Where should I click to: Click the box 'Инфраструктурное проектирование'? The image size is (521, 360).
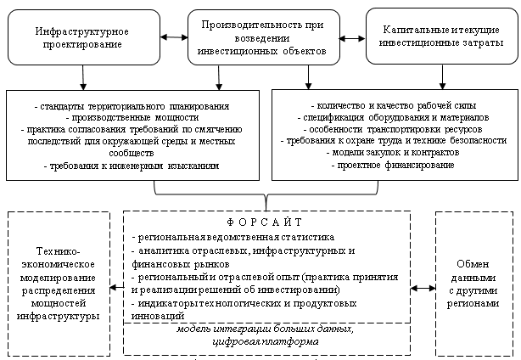82,37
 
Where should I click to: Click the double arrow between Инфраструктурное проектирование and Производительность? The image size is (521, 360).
175,37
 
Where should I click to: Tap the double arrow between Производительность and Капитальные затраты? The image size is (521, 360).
350,37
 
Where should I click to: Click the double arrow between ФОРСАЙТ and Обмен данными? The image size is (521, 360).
423,289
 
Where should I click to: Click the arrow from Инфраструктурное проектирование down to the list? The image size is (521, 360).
83,77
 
